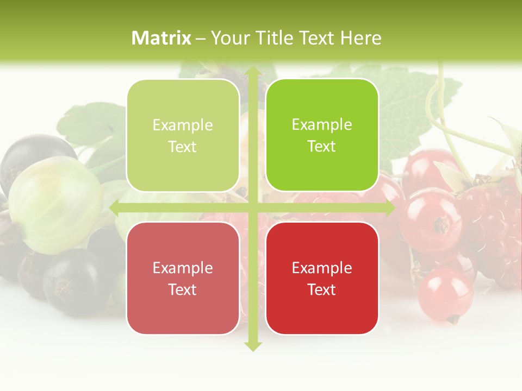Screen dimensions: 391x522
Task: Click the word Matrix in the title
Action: click(x=161, y=38)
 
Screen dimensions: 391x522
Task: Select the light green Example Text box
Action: click(x=183, y=136)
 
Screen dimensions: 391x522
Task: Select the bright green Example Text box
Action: click(x=322, y=135)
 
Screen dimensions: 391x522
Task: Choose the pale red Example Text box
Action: click(x=183, y=278)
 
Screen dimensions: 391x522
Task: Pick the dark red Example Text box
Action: click(x=322, y=278)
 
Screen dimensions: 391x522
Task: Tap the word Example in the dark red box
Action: click(x=322, y=268)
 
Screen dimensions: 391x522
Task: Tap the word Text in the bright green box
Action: click(x=322, y=146)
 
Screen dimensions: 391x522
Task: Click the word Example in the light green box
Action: click(x=183, y=125)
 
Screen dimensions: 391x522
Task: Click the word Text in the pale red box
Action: click(x=183, y=289)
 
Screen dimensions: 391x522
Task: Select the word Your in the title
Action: click(x=227, y=38)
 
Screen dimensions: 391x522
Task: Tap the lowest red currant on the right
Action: click(x=445, y=293)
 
